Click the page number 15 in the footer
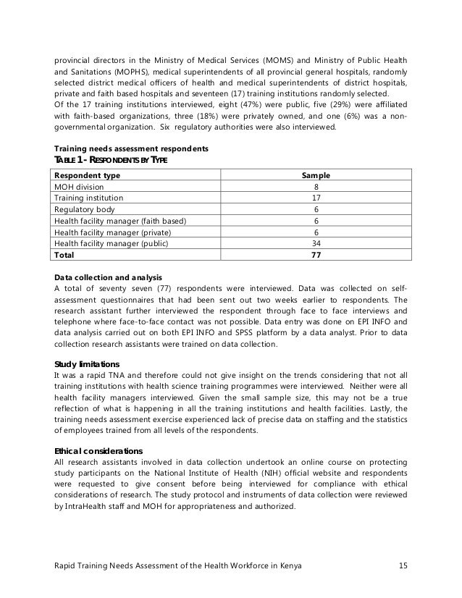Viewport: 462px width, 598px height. point(403,565)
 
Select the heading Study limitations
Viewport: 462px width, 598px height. point(87,363)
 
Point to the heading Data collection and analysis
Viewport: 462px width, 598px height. point(108,277)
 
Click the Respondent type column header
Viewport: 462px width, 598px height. point(88,175)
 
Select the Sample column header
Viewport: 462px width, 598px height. point(316,175)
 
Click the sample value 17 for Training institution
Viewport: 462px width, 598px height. point(316,198)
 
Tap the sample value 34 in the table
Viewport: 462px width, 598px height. point(316,243)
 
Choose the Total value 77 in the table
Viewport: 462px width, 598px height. point(316,255)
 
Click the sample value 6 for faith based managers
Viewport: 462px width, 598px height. point(316,221)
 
